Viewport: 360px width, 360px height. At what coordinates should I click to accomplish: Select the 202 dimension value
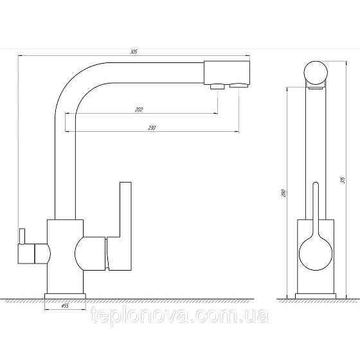(139, 109)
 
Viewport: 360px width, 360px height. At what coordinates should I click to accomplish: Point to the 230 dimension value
(152, 128)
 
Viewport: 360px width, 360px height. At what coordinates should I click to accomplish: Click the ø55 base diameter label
(64, 306)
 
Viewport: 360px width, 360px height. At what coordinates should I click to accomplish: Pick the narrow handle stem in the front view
(314, 206)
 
